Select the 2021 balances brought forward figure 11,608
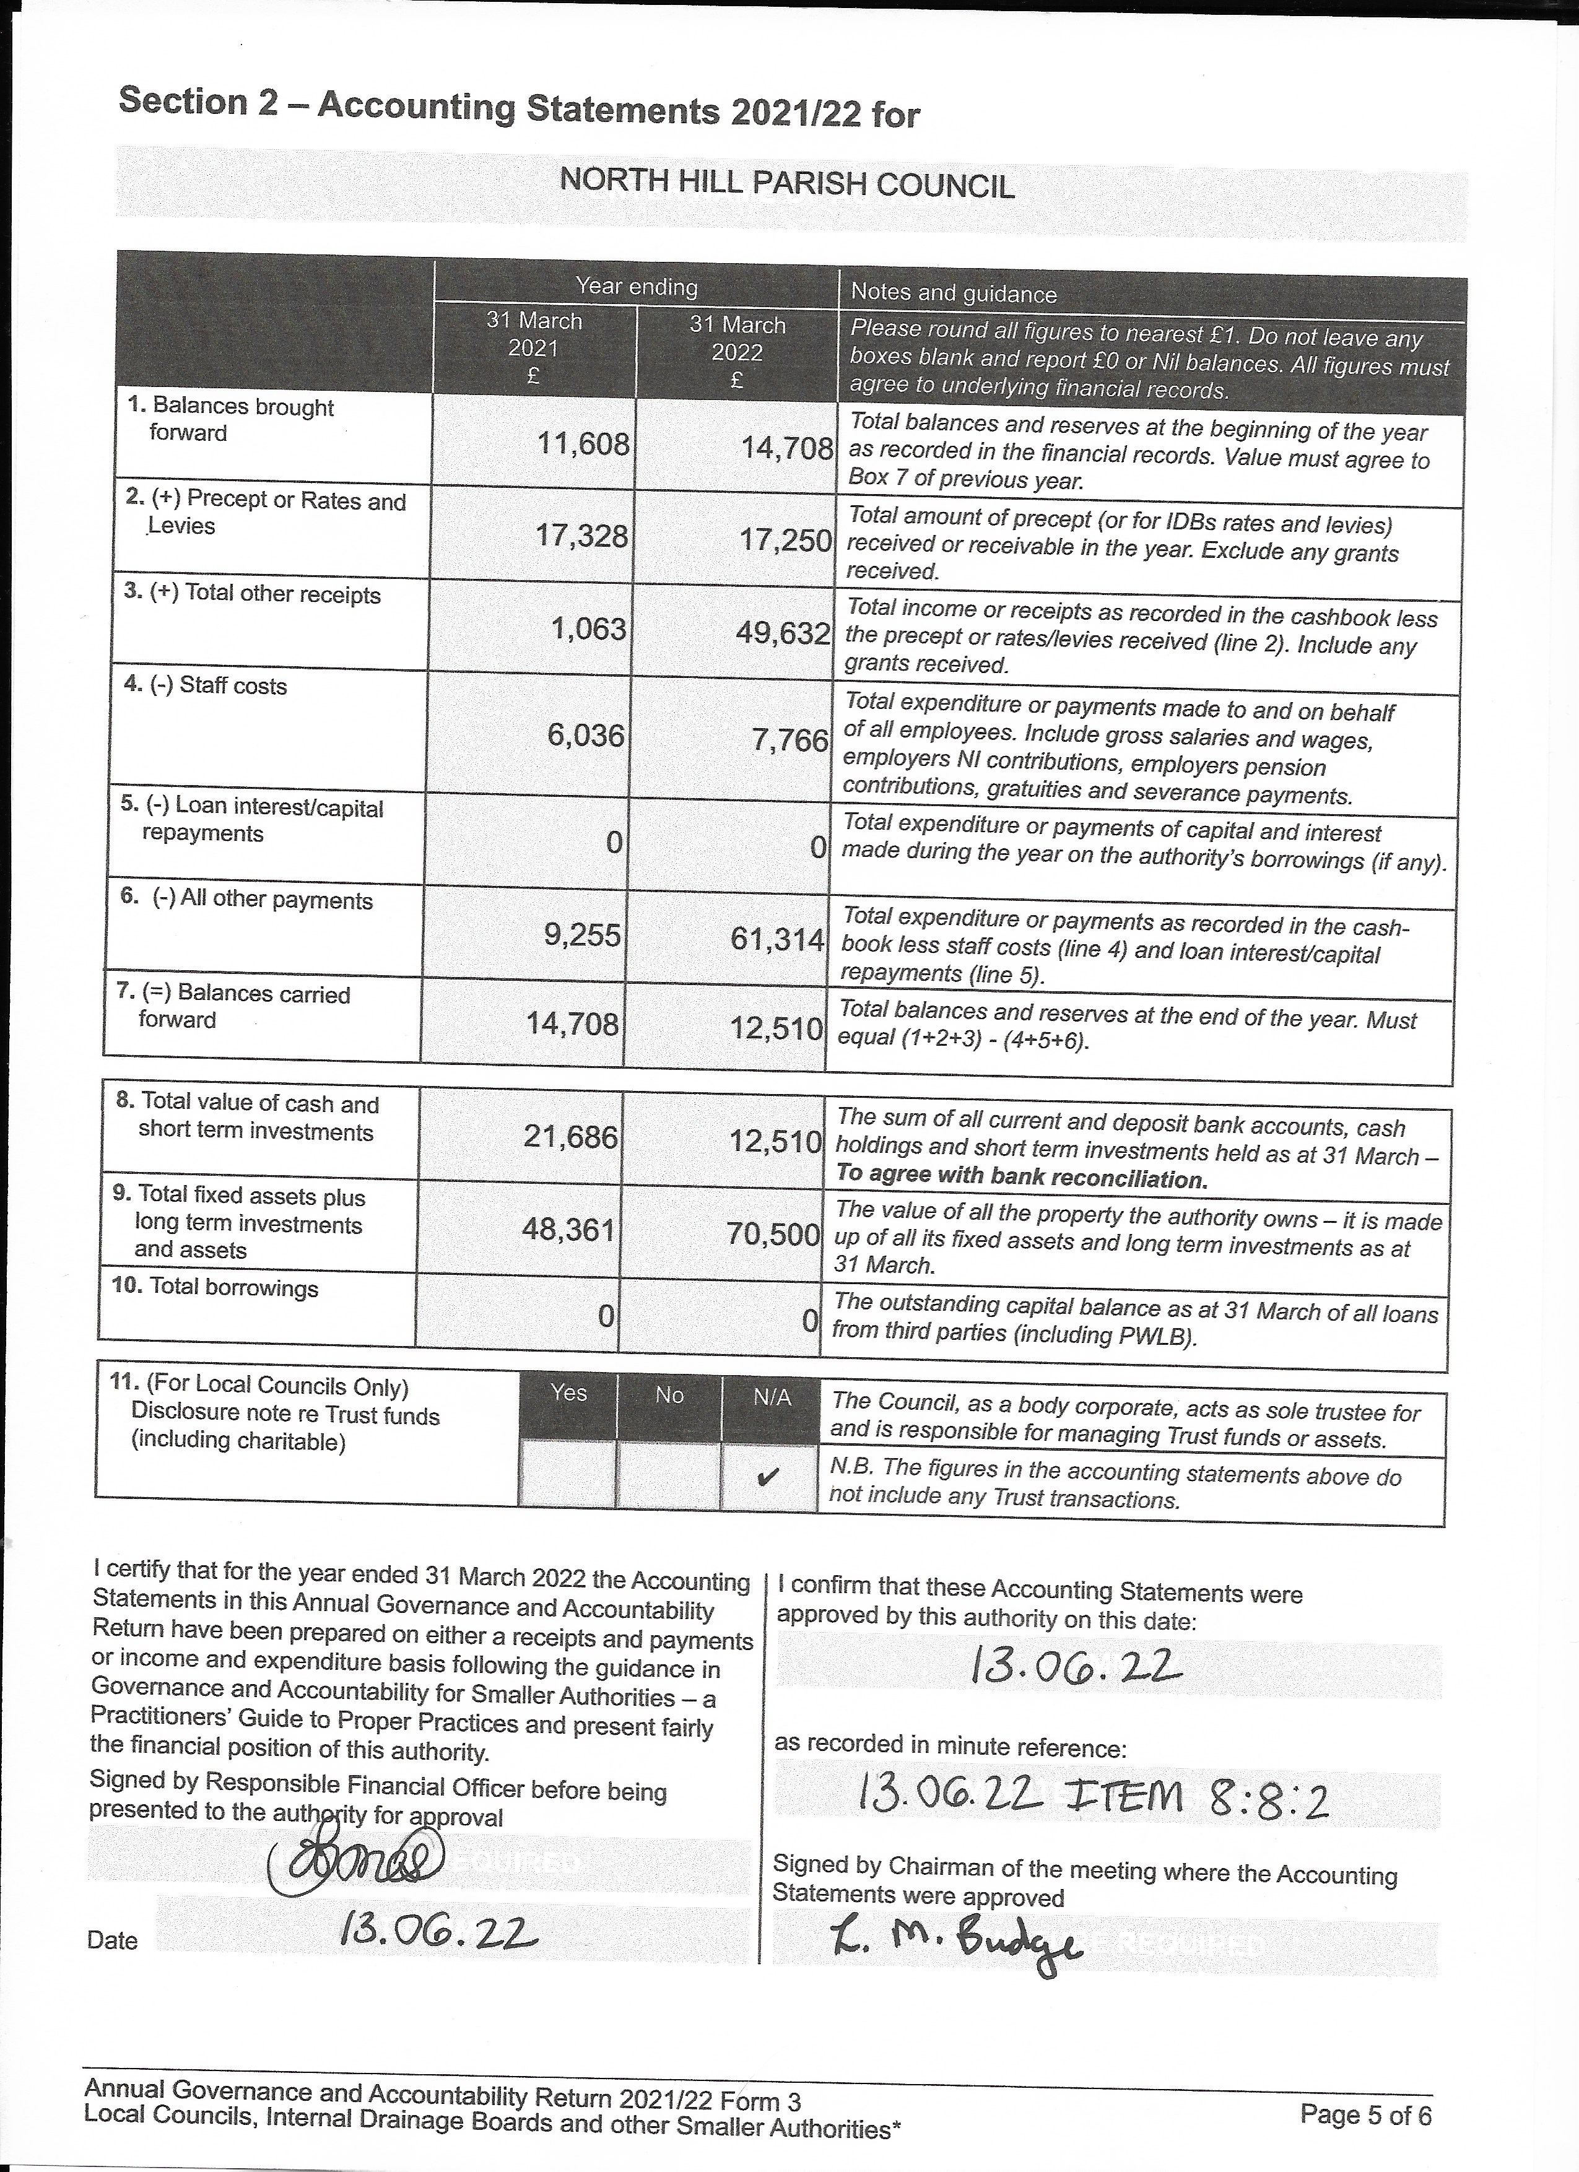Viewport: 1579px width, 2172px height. pyautogui.click(x=583, y=445)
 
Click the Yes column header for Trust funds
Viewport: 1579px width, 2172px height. pyautogui.click(x=569, y=1394)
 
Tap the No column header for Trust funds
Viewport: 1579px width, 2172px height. pyautogui.click(x=669, y=1396)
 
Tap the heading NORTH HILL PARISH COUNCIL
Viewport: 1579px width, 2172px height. pyautogui.click(x=786, y=182)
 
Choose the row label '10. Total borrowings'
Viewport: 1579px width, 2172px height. pyautogui.click(x=215, y=1287)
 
